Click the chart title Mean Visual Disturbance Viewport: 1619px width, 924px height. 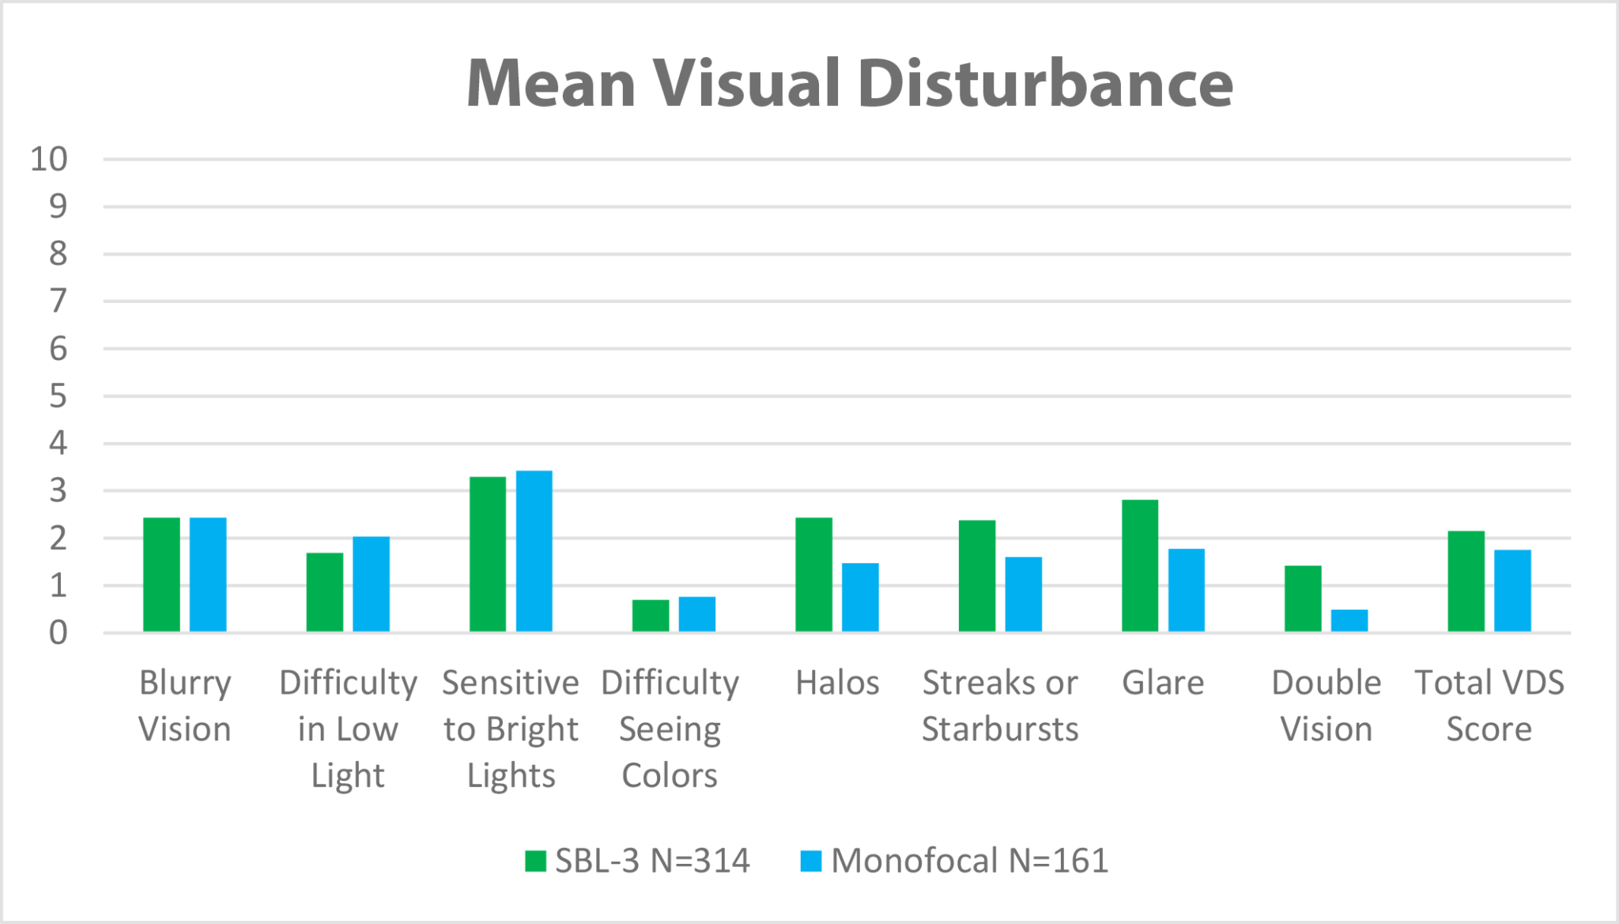(x=850, y=83)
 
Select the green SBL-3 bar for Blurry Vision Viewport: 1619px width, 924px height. (x=161, y=574)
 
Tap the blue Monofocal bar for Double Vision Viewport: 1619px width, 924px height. (x=1349, y=620)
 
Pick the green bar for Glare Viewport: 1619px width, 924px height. (x=1140, y=566)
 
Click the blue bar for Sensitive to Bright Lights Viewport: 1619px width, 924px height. (x=534, y=551)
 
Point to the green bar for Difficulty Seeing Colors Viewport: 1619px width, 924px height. (x=651, y=615)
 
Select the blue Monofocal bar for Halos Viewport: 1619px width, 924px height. (x=860, y=596)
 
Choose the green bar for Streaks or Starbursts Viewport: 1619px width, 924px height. (x=977, y=576)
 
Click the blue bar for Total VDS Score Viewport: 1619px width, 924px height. (x=1512, y=590)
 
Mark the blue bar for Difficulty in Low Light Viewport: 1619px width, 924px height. (x=372, y=584)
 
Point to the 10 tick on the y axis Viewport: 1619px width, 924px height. (x=49, y=160)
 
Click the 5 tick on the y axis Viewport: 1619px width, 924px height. (x=58, y=396)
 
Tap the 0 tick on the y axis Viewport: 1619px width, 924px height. (x=58, y=633)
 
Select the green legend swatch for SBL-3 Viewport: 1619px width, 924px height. (x=535, y=861)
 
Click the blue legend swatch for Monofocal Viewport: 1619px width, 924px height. (x=810, y=861)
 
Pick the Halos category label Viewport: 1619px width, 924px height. (x=837, y=683)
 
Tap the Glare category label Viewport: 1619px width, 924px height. (x=1163, y=683)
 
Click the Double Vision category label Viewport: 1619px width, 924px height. (x=1326, y=706)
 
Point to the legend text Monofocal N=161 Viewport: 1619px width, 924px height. (x=970, y=861)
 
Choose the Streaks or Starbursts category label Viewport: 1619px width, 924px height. (x=1000, y=706)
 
